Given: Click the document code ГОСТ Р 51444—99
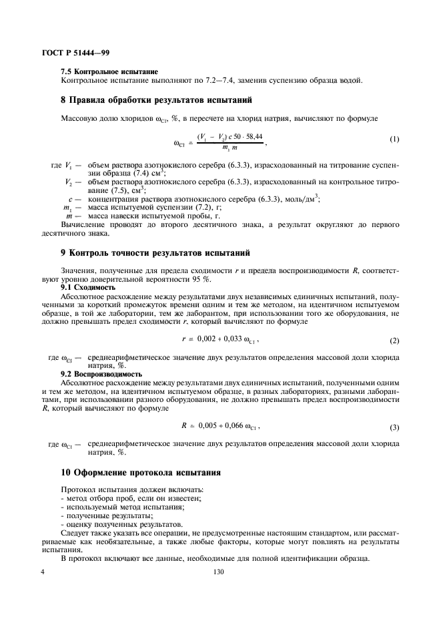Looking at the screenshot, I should pos(78,51).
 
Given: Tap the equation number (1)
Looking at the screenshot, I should pos(394,140).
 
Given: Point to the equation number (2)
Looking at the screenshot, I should pos(394,341).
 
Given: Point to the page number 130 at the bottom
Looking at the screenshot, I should pos(218,572).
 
